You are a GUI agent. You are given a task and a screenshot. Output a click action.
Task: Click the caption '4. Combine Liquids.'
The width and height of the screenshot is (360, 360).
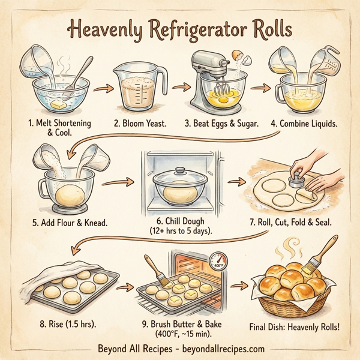tap(304, 123)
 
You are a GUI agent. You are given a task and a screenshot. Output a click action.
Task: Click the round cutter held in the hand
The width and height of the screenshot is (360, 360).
tap(295, 180)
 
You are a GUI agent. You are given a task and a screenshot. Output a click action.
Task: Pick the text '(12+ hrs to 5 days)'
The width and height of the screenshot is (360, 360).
tap(179, 230)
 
